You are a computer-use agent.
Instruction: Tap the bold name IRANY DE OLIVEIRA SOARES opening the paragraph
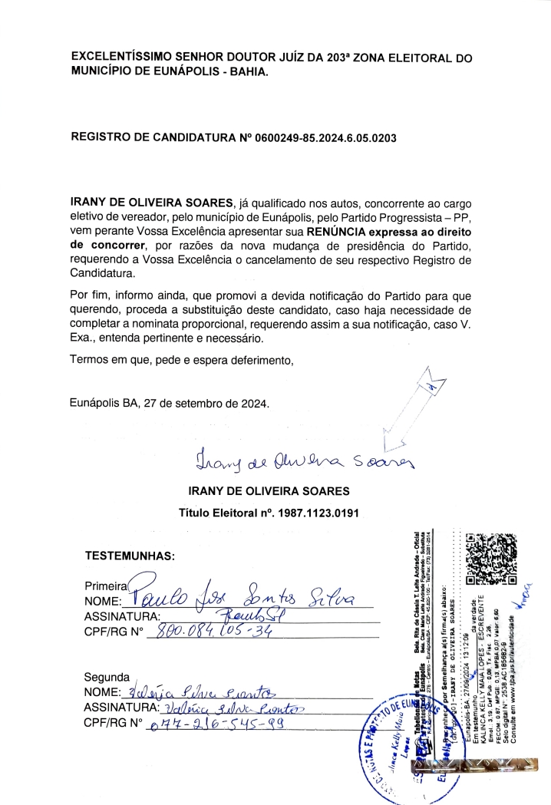click(x=151, y=202)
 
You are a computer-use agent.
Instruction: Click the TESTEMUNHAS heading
click(x=130, y=555)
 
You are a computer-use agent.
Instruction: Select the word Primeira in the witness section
click(x=107, y=586)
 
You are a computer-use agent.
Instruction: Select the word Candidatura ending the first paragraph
click(x=102, y=272)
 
